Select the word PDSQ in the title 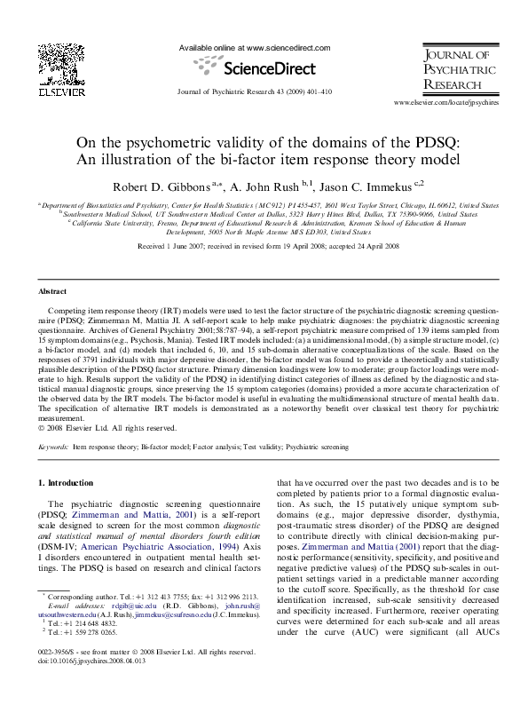pos(455,142)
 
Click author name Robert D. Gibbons pos(162,186)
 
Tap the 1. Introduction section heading pos(68,483)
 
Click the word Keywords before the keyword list pos(53,448)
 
